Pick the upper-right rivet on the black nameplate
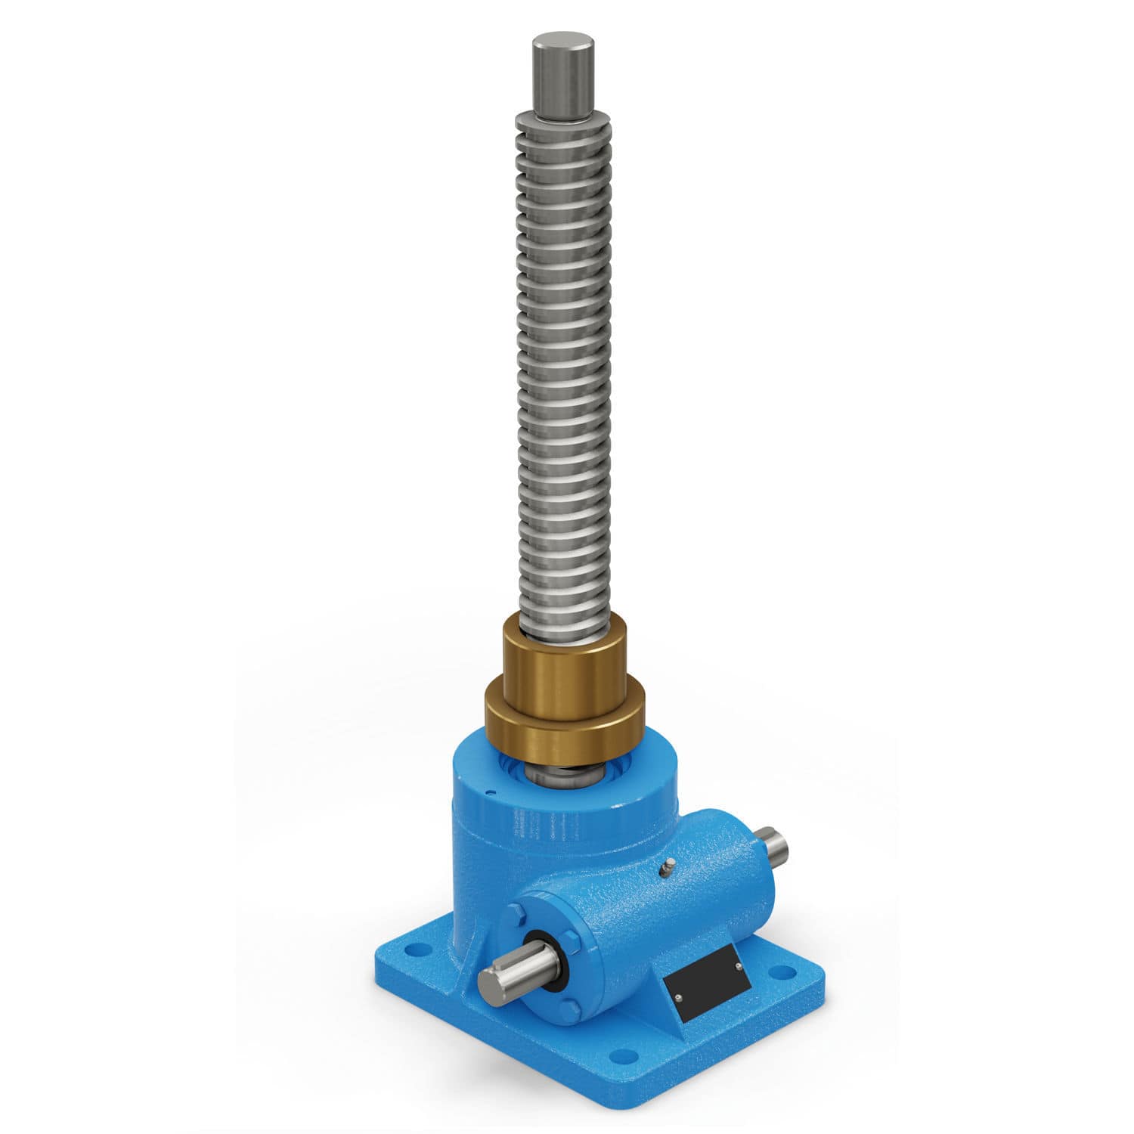pyautogui.click(x=737, y=965)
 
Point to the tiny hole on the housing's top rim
pyautogui.click(x=492, y=793)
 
